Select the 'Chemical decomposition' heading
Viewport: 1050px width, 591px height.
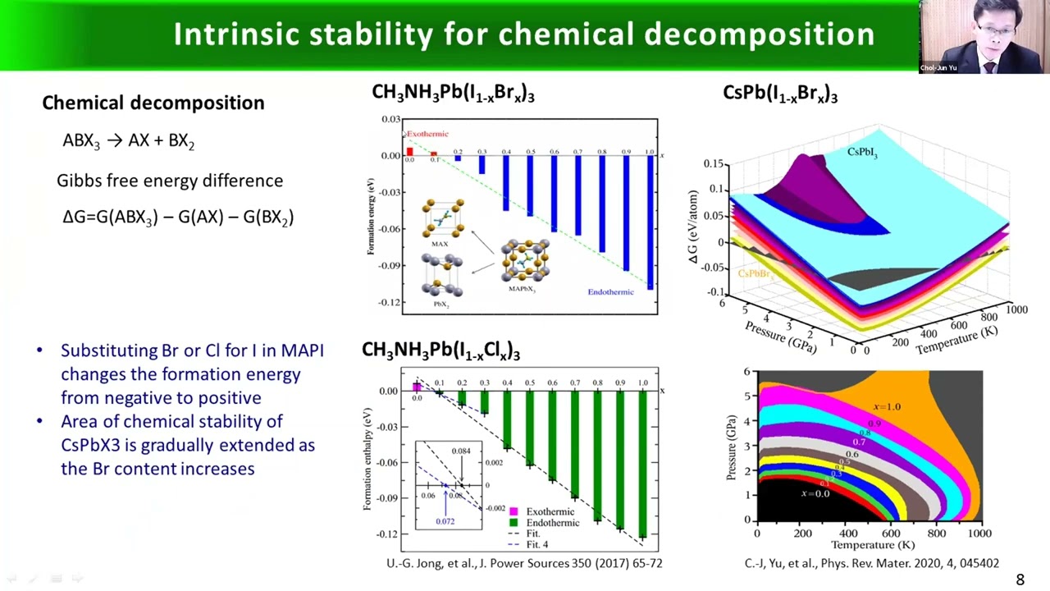(x=153, y=103)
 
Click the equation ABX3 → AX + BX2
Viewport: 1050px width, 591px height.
(x=128, y=140)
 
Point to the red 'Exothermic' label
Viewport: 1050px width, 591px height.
(x=427, y=134)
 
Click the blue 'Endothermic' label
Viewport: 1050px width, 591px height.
(x=610, y=291)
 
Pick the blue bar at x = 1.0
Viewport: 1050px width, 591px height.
(x=651, y=222)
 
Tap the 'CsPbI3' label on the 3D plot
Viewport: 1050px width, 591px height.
(x=862, y=152)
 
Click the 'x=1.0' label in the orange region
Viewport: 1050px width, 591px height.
(x=887, y=406)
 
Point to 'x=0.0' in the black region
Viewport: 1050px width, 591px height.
(x=815, y=493)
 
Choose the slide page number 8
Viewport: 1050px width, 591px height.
(x=1020, y=580)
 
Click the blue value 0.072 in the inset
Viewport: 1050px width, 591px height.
(x=445, y=521)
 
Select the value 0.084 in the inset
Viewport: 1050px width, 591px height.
(x=461, y=451)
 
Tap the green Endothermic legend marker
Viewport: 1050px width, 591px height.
(x=514, y=523)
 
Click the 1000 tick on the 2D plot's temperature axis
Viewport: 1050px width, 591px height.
(x=979, y=534)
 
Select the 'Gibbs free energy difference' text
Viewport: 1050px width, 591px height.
(x=170, y=181)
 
